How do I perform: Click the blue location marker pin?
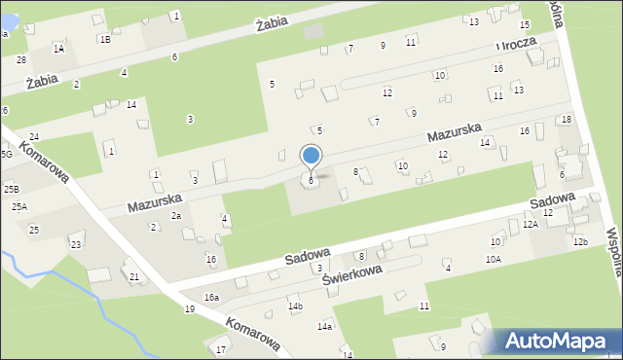tap(311, 157)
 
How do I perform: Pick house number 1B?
tap(104, 39)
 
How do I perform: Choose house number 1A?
tap(59, 48)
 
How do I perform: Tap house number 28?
tap(20, 60)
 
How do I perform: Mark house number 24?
tap(34, 136)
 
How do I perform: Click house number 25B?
tap(11, 189)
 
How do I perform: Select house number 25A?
tap(19, 207)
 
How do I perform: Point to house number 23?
tap(76, 244)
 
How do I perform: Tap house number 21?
tap(134, 277)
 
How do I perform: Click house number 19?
tap(190, 309)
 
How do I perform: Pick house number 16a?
tap(211, 297)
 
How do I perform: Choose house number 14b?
tap(295, 306)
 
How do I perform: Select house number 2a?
tap(176, 215)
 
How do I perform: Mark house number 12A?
tap(531, 224)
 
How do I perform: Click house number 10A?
tap(494, 259)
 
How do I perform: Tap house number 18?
tap(567, 119)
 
